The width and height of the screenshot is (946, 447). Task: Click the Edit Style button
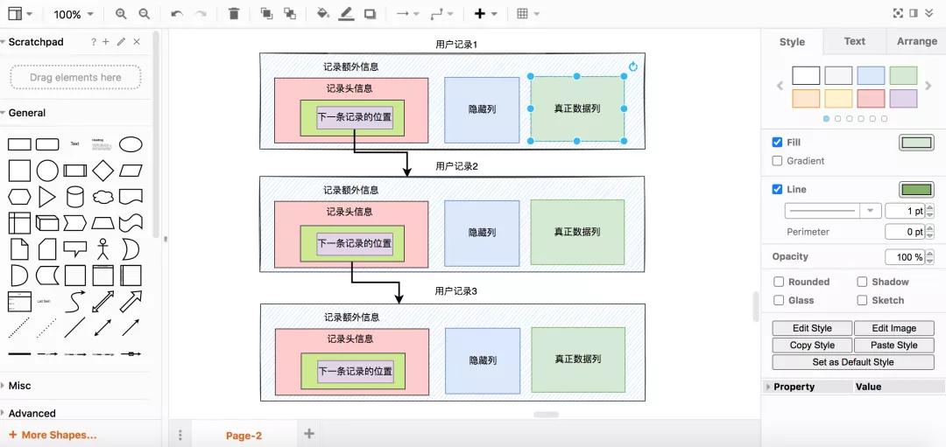coord(812,328)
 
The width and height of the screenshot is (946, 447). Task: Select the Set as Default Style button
coord(852,362)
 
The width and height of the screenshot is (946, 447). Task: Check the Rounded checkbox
coord(779,282)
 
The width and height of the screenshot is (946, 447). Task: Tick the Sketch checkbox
coord(862,300)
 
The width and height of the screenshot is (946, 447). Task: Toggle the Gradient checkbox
coord(778,161)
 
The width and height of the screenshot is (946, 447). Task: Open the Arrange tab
coord(916,41)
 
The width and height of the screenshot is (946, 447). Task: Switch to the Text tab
coord(854,41)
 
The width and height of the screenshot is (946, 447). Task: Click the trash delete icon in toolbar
coord(233,14)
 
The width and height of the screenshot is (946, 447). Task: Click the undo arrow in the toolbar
coord(177,14)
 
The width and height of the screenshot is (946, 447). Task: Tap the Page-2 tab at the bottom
coord(244,436)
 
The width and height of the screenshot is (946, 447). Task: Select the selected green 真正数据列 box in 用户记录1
coord(577,108)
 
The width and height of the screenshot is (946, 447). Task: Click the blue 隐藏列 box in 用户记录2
coord(482,233)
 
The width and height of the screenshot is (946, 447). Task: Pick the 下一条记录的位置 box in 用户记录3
coord(355,371)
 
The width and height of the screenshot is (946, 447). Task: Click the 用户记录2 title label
coord(456,166)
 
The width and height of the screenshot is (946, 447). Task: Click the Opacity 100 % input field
coord(908,257)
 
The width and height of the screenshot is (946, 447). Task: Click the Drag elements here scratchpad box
coord(75,77)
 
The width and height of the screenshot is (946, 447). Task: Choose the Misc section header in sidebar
coord(19,386)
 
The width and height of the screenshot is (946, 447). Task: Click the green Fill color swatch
coord(916,143)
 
